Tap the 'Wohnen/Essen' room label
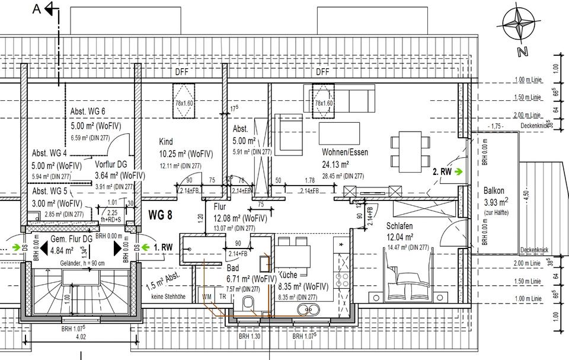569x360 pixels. pos(344,152)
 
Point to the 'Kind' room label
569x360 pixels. pos(166,142)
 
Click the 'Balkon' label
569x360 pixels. pos(494,191)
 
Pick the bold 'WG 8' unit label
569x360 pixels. pos(160,215)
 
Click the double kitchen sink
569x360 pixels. pos(307,308)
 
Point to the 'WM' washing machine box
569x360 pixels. pos(207,296)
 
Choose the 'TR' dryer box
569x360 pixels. pos(222,296)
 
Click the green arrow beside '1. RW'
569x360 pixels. pos(145,247)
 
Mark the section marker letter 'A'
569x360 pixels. pos(37,8)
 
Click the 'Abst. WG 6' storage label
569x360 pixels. pos(88,111)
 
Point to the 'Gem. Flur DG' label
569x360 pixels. pos(71,238)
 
